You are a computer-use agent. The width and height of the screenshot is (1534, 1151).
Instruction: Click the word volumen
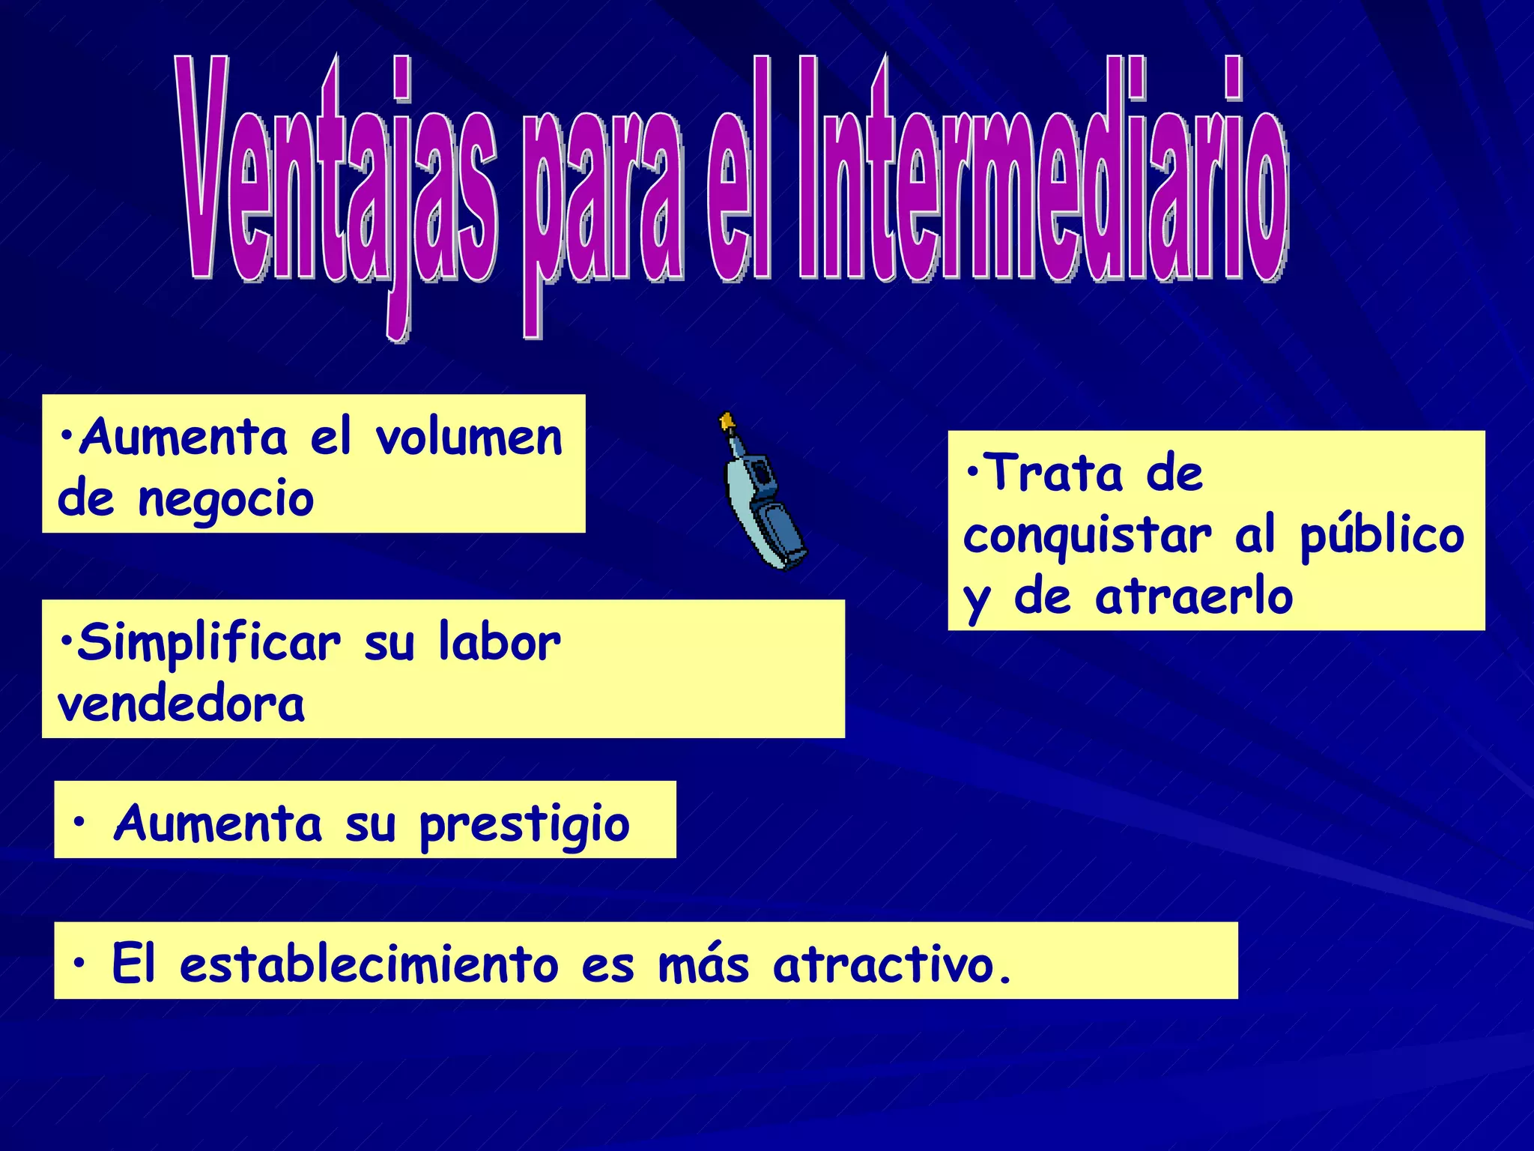click(469, 438)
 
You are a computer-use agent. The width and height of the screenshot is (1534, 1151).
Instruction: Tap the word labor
click(499, 642)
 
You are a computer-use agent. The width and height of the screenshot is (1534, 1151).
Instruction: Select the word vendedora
click(181, 705)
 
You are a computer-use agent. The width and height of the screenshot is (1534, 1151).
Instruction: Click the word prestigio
click(524, 825)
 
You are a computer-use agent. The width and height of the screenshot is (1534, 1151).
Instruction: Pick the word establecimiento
click(369, 964)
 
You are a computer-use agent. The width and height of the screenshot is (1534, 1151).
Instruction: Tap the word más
click(703, 964)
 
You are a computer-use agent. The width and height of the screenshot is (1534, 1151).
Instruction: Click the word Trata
click(1056, 474)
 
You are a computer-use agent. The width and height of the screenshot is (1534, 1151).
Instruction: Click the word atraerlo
click(1194, 597)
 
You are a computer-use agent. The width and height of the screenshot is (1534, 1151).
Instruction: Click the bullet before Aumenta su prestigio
click(79, 823)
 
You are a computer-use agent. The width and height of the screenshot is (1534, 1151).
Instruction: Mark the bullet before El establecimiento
click(79, 962)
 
